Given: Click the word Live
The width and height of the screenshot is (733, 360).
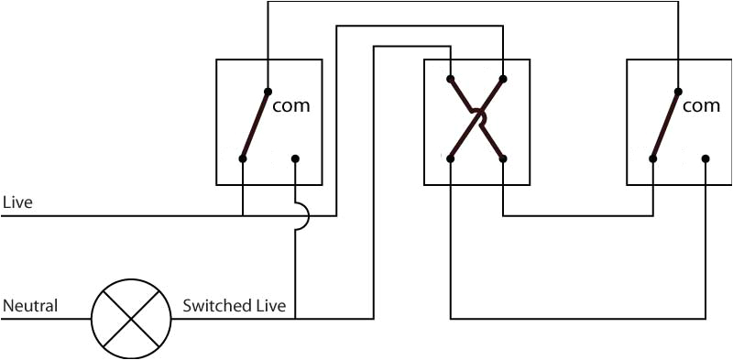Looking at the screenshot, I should pyautogui.click(x=17, y=202).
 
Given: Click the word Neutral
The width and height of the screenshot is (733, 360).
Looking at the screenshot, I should pyautogui.click(x=30, y=305).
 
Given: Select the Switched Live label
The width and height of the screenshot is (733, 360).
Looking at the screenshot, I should pyautogui.click(x=234, y=305).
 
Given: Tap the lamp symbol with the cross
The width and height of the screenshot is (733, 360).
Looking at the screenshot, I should pyautogui.click(x=131, y=319).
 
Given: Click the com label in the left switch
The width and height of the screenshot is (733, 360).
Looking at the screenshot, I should pyautogui.click(x=291, y=105).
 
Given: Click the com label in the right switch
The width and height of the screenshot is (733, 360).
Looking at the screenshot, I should pyautogui.click(x=702, y=105).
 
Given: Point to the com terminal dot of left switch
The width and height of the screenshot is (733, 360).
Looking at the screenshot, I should pyautogui.click(x=268, y=91).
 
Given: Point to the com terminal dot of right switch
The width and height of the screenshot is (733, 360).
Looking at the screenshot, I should pyautogui.click(x=678, y=91).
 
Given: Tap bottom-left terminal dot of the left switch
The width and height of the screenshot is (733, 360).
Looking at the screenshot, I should pyautogui.click(x=243, y=158).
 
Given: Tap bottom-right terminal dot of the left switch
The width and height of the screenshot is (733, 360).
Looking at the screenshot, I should pyautogui.click(x=295, y=158).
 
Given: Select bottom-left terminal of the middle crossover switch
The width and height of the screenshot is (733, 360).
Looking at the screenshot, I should pyautogui.click(x=451, y=158).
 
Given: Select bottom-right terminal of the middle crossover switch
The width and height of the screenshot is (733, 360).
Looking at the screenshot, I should pyautogui.click(x=503, y=158).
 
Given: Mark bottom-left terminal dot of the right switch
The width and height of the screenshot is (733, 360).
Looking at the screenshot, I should pyautogui.click(x=653, y=158).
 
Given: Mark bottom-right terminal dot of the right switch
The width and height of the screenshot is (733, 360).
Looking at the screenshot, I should pyautogui.click(x=706, y=158).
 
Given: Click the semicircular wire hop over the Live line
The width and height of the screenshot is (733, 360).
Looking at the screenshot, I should pyautogui.click(x=302, y=216).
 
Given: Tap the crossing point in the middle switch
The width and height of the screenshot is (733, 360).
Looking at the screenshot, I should pyautogui.click(x=476, y=116).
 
